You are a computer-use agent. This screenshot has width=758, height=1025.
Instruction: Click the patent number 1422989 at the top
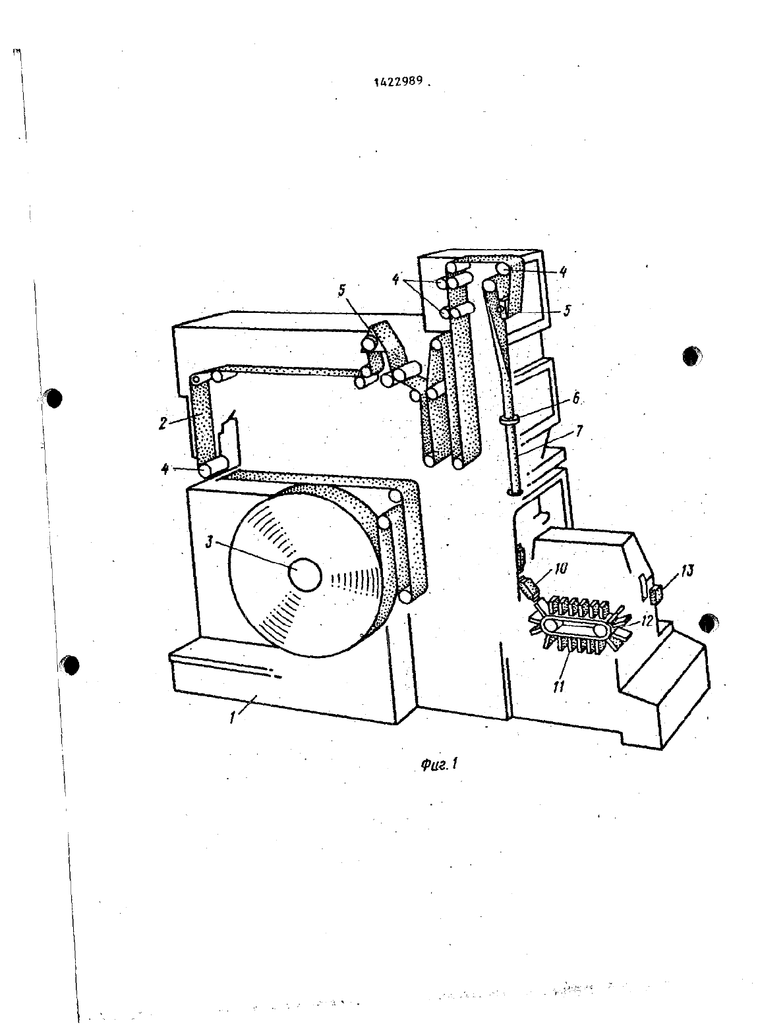[x=399, y=81]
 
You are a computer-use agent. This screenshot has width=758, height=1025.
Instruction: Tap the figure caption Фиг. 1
[x=439, y=764]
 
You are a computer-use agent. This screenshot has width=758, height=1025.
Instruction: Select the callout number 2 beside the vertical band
[x=163, y=424]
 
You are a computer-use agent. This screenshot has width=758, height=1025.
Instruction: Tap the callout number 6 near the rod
[x=576, y=399]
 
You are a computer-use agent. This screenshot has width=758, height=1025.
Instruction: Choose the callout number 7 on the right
[x=579, y=431]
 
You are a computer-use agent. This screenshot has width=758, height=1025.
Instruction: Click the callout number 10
[x=560, y=568]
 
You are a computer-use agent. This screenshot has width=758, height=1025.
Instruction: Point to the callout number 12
[x=647, y=621]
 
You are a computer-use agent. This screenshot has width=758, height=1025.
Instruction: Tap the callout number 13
[x=687, y=571]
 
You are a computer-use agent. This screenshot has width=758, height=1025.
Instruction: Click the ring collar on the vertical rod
[x=509, y=420]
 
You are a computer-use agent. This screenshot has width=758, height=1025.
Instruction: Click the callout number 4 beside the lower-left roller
[x=165, y=469]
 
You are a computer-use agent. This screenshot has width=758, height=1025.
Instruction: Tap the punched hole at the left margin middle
[x=53, y=398]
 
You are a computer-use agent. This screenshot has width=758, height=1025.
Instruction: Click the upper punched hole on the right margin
[x=691, y=356]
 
